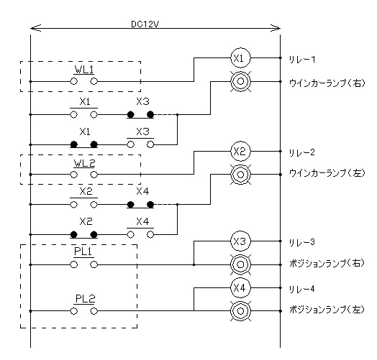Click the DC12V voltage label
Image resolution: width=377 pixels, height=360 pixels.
(x=145, y=24)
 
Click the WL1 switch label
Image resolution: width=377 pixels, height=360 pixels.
(x=84, y=70)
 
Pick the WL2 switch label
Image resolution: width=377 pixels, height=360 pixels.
(x=84, y=163)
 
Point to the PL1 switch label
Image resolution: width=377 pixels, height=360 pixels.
(x=83, y=251)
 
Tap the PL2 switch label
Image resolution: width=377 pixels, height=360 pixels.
(x=85, y=298)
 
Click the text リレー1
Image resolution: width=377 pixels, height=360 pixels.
(x=301, y=60)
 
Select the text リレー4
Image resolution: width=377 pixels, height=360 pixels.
(x=301, y=289)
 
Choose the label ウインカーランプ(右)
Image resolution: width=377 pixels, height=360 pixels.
(x=327, y=83)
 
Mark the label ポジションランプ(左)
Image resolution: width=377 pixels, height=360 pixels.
(x=327, y=310)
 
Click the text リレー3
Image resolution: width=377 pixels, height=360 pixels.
(x=301, y=242)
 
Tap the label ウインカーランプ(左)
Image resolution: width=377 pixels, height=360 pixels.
(x=327, y=173)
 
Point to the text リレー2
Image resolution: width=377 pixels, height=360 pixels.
(x=301, y=152)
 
